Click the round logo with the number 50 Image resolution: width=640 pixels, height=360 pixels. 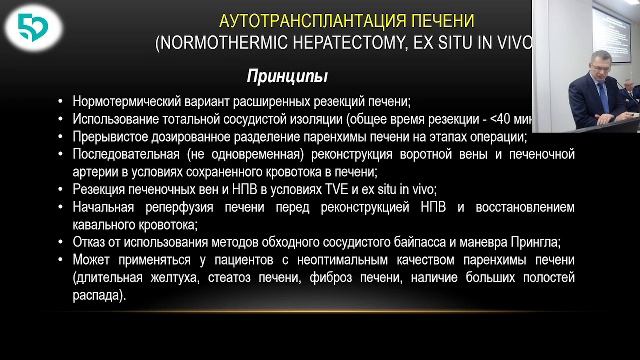coord(31,31)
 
